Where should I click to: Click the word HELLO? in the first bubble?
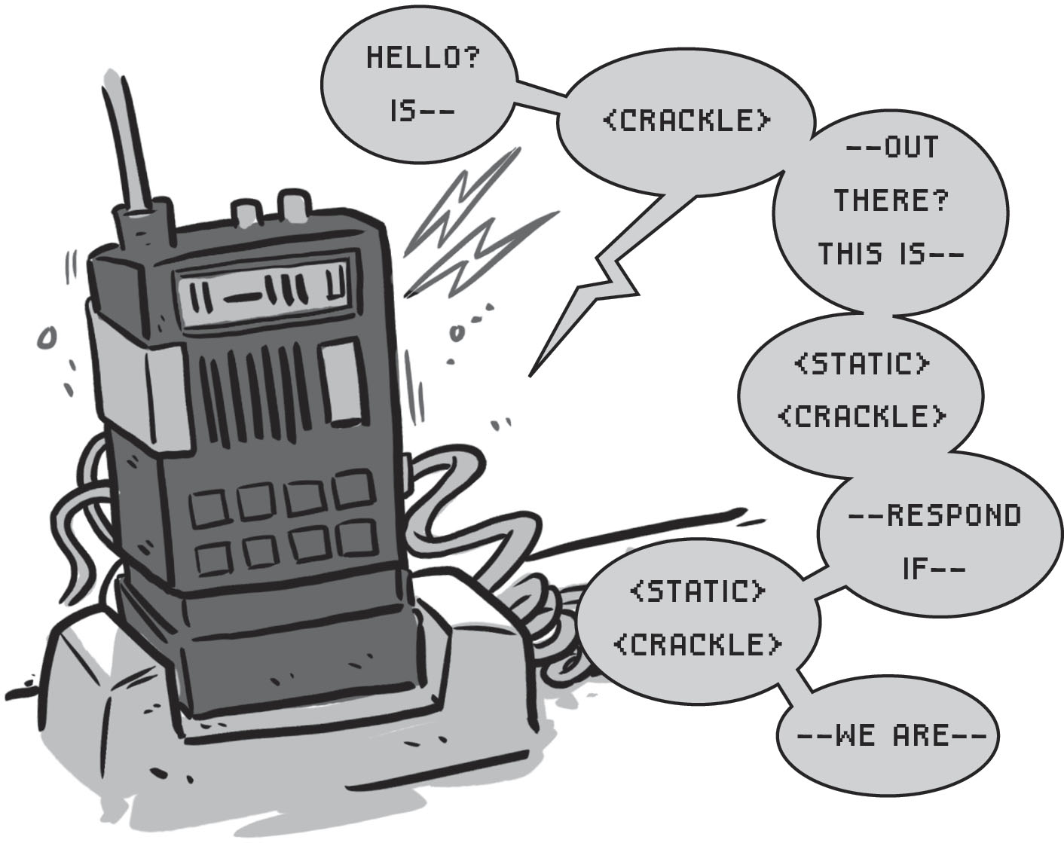(x=421, y=58)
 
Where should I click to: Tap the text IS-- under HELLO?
(x=421, y=112)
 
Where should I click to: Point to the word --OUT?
(x=892, y=148)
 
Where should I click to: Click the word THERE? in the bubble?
(x=891, y=200)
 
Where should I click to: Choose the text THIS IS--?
(x=891, y=254)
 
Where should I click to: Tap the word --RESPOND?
(x=934, y=515)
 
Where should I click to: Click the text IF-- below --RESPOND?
(x=934, y=569)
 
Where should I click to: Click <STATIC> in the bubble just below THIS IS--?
(x=861, y=365)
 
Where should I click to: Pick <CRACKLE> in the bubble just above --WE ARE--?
(x=697, y=645)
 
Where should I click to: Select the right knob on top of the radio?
(x=294, y=202)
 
